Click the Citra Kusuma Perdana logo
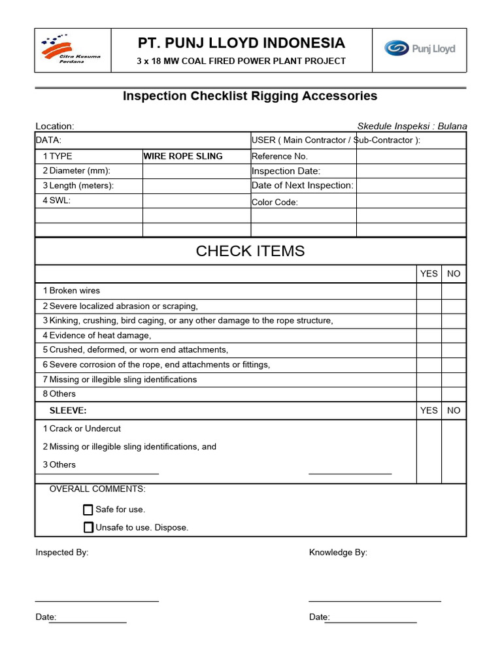point(71,49)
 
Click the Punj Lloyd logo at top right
point(419,49)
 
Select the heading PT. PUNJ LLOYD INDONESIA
point(241,43)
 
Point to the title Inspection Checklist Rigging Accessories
point(250,96)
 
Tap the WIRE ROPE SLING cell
point(183,156)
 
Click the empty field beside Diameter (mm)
point(196,171)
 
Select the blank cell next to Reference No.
point(410,156)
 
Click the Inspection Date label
point(286,171)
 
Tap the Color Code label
point(275,203)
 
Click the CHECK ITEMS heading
point(250,252)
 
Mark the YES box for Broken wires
point(429,291)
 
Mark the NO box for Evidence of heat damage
point(454,335)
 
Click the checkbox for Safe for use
point(88,510)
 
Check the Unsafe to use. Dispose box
point(88,527)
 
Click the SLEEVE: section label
point(68,410)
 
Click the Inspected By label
point(62,553)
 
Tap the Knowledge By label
point(338,553)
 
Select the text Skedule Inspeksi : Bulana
point(412,126)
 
